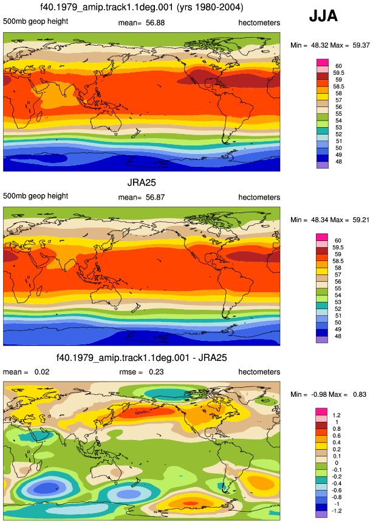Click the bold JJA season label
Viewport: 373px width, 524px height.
[x=323, y=16]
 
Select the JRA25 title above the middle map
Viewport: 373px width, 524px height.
[x=142, y=183]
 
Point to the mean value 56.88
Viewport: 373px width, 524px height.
[x=155, y=23]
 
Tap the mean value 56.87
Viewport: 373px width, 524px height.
[x=155, y=197]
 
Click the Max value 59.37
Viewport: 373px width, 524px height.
[x=361, y=45]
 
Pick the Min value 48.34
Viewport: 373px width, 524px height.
[x=320, y=220]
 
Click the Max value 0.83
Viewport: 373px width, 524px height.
[x=360, y=394]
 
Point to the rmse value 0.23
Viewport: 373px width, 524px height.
[x=156, y=372]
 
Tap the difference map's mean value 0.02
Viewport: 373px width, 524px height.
[x=42, y=372]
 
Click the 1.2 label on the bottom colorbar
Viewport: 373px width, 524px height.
[x=337, y=415]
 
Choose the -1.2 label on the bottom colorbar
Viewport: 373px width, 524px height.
[x=337, y=511]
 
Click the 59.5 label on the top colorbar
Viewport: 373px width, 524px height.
[x=338, y=72]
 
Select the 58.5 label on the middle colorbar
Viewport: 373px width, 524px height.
[x=338, y=261]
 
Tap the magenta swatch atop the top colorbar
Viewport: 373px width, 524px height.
[x=323, y=62]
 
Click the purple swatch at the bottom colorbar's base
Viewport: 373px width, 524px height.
[x=321, y=514]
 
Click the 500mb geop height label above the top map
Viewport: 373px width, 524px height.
[x=36, y=21]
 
